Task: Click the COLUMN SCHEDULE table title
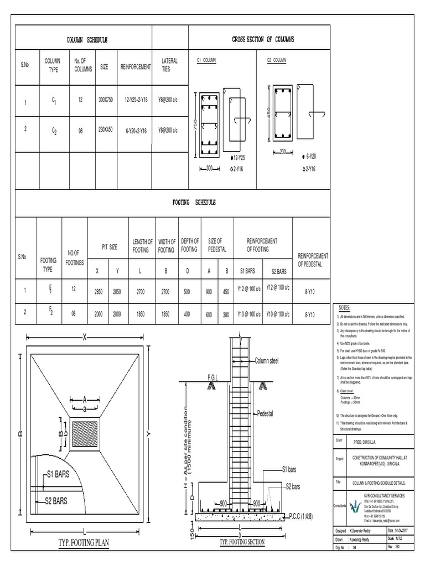coord(87,40)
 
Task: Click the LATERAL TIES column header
coord(169,65)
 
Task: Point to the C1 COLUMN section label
coord(206,59)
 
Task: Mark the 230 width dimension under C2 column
coord(283,151)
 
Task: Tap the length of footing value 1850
coord(142,314)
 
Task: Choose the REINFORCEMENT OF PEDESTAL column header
coord(313,260)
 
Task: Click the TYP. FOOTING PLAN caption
coord(83,543)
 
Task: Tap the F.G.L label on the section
coord(214,377)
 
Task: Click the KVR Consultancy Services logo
coord(354,507)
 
